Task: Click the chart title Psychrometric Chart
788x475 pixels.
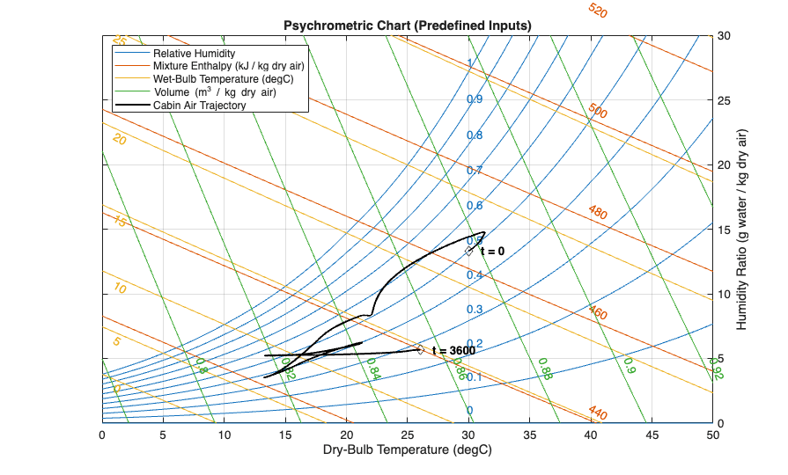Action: coord(407,26)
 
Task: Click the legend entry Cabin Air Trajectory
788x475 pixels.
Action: coord(199,106)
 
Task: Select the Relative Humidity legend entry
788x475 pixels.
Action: coord(194,53)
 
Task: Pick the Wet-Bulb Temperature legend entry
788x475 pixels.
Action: coord(224,79)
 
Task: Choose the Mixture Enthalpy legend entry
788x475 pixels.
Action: coord(228,66)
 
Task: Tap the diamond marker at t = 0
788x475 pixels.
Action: coord(469,251)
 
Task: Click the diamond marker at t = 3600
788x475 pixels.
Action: coord(420,349)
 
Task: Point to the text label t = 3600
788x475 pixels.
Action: coord(453,350)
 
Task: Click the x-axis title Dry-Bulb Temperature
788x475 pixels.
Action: coord(407,449)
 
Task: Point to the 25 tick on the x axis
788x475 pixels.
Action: coord(408,434)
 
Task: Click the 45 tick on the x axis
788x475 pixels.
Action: coord(652,434)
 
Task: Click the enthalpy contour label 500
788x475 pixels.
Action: coord(598,112)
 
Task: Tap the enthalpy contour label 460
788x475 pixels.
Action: coord(598,313)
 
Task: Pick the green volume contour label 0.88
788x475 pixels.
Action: coord(544,369)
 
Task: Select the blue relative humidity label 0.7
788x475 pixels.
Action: coord(475,170)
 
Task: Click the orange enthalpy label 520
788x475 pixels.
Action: coord(598,11)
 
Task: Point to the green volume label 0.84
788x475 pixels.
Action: coord(372,368)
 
